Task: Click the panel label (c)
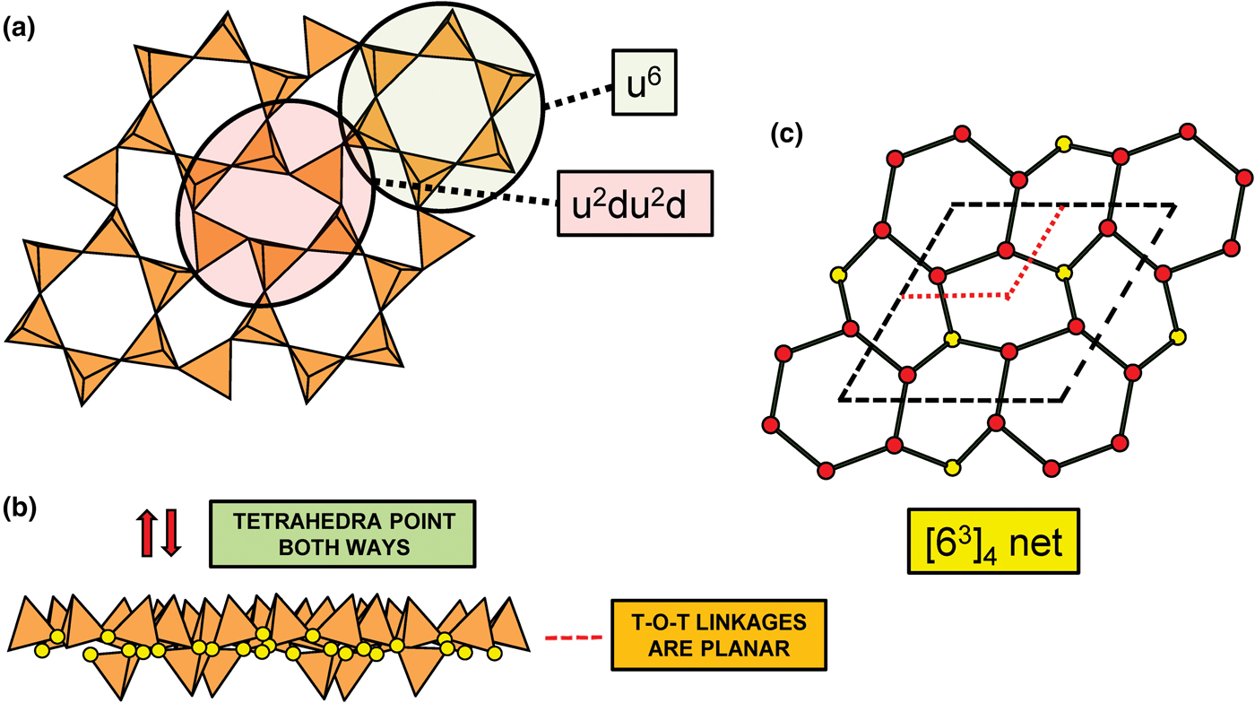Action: [787, 135]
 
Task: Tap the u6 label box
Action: [645, 82]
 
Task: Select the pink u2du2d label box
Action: [635, 203]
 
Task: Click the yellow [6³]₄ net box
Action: [993, 541]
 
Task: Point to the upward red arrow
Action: [147, 533]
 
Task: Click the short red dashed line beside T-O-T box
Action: [574, 638]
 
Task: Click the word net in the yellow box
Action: [1036, 542]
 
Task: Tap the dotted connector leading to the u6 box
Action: [577, 95]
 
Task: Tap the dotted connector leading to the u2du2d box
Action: [466, 192]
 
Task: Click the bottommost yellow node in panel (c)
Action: [952, 466]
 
